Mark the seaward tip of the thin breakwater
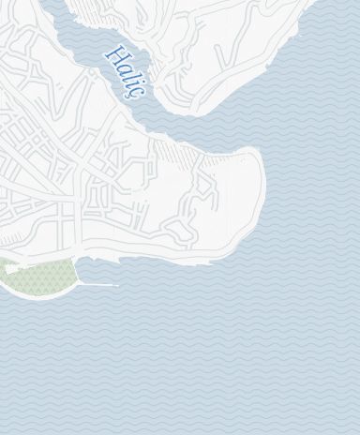click(x=116, y=285)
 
